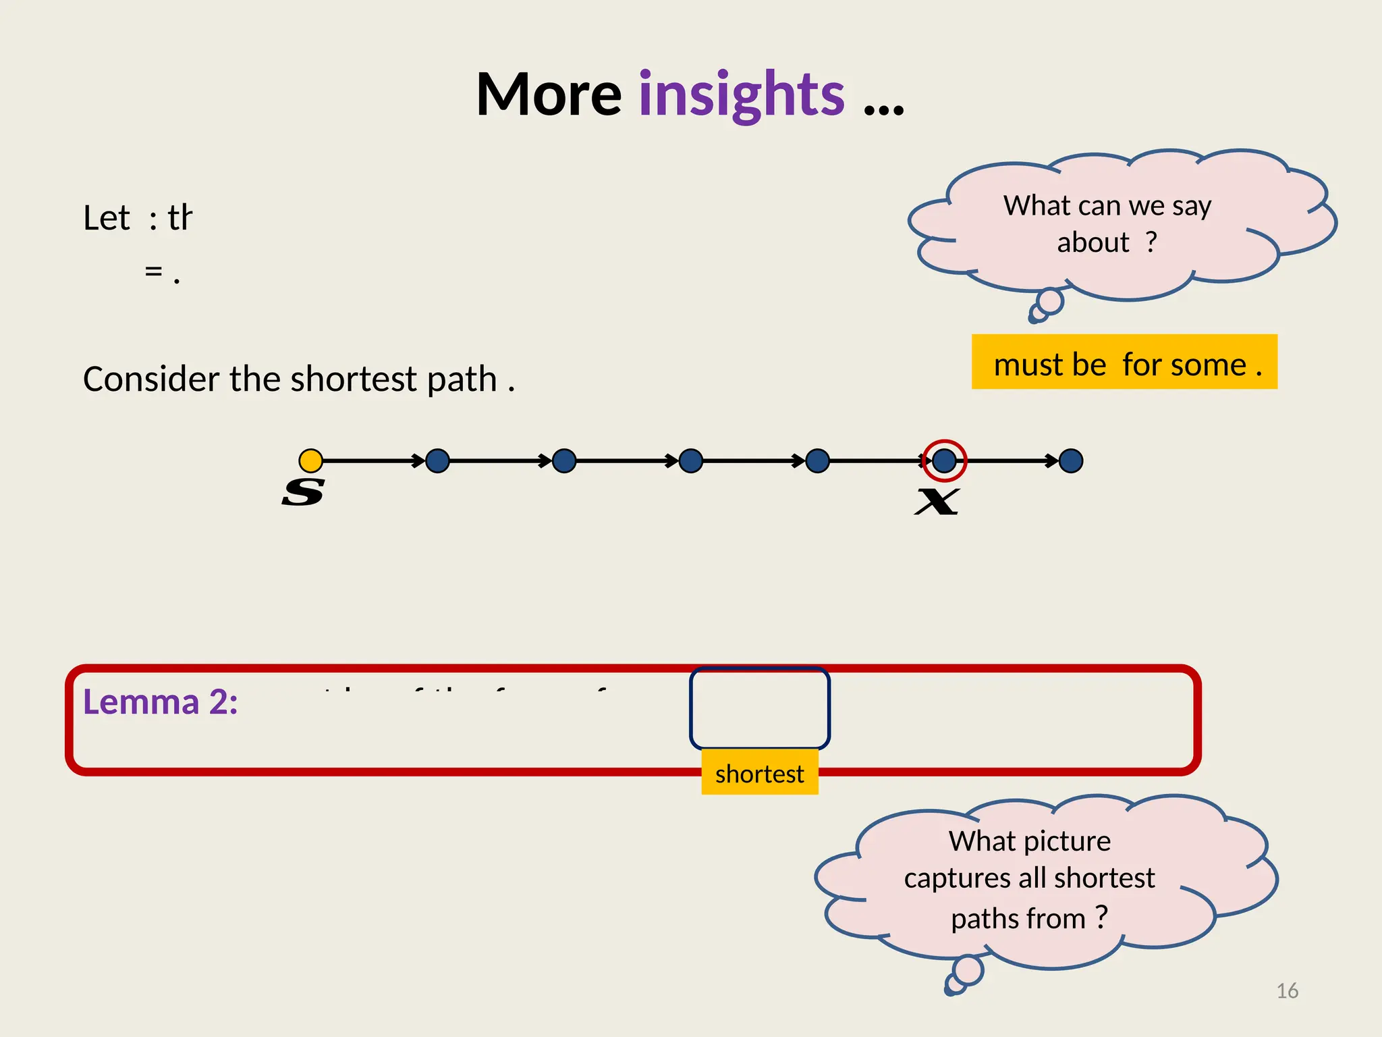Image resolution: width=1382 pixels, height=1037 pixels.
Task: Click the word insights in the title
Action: click(x=741, y=96)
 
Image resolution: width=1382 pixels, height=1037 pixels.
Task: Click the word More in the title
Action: click(x=548, y=96)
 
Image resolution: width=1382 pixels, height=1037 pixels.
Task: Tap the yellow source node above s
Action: click(x=310, y=460)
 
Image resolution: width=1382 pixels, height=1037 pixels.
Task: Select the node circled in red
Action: click(x=944, y=460)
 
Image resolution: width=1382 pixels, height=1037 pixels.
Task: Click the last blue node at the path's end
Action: click(x=1071, y=460)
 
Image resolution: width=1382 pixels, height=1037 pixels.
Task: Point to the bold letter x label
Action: click(x=937, y=501)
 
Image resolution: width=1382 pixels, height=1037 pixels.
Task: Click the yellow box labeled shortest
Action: click(x=759, y=774)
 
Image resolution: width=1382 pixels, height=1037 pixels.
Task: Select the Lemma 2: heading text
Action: click(x=160, y=702)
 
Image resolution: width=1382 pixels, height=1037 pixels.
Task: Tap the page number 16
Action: click(x=1287, y=990)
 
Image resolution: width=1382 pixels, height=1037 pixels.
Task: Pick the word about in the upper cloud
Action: click(x=1093, y=242)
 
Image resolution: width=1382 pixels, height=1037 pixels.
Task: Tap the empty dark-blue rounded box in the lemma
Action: click(x=759, y=708)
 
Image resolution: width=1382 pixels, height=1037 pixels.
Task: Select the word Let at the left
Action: click(x=106, y=218)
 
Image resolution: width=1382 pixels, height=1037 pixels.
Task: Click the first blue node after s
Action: click(x=437, y=460)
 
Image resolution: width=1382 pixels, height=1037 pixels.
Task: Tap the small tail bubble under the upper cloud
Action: click(x=1049, y=302)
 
